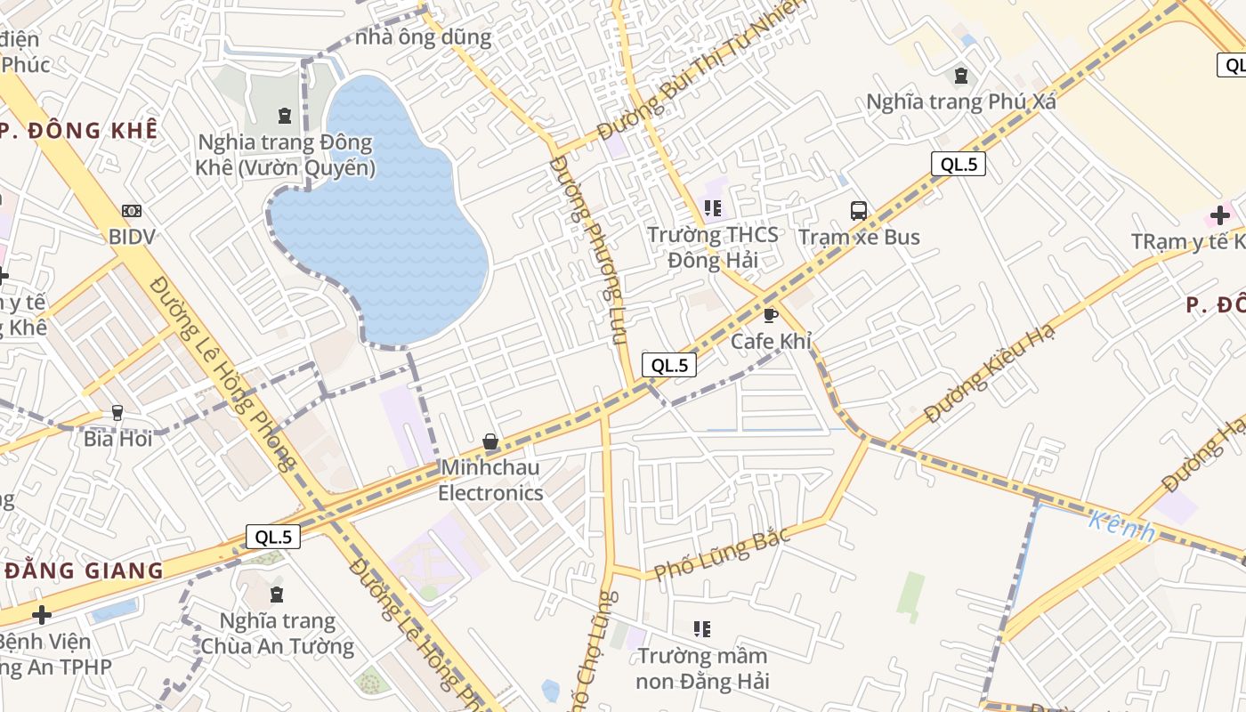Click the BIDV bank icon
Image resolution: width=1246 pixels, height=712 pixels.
132,211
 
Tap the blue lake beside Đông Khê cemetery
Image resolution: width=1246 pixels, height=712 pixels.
383,222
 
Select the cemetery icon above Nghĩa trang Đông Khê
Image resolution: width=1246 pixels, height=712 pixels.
284,115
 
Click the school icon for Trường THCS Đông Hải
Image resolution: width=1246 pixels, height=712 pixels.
712,208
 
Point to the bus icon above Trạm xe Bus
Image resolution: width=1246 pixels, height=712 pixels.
859,211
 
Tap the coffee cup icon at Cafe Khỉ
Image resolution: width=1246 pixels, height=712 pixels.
771,315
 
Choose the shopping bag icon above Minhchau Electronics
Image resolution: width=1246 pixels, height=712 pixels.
489,441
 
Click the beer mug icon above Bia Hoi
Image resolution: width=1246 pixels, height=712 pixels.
117,413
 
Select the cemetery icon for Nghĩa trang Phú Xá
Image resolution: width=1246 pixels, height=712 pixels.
961,76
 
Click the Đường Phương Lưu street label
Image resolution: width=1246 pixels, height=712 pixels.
589,249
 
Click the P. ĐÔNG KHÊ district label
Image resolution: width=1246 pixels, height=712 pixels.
79,130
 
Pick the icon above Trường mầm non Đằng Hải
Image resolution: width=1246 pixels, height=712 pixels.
702,629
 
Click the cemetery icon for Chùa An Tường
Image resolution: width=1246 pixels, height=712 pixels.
277,594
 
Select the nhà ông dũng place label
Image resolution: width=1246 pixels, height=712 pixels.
423,37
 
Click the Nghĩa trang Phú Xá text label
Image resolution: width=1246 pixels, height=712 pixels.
961,101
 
